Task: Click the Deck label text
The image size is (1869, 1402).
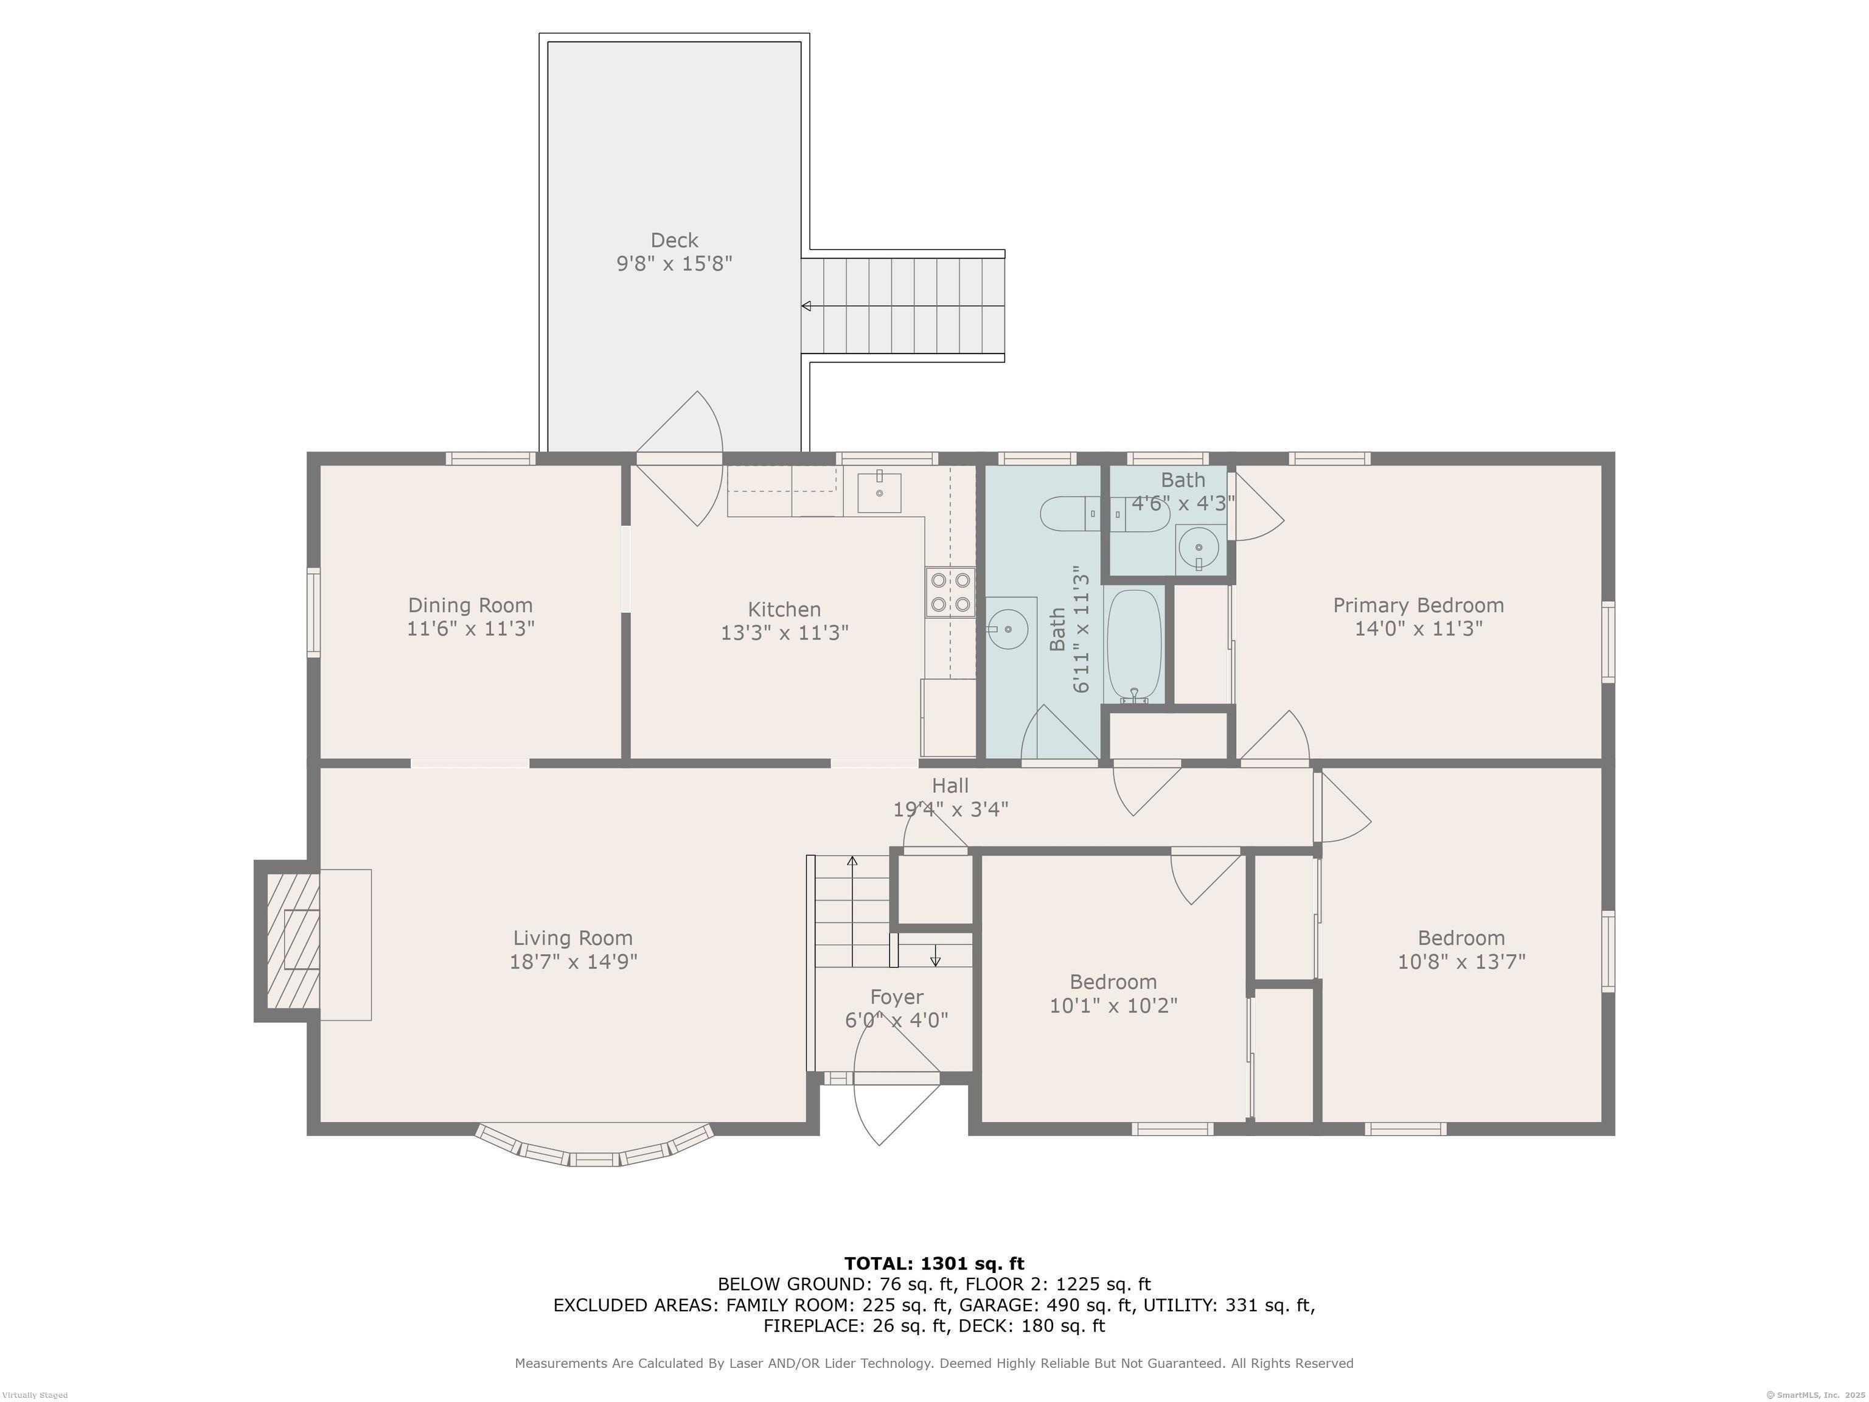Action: pos(674,240)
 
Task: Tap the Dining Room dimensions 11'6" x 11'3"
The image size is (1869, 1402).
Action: pos(471,629)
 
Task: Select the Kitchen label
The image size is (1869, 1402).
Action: pos(784,609)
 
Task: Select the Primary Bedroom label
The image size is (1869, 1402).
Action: pos(1419,605)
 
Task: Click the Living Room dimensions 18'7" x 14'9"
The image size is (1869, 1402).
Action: pos(573,961)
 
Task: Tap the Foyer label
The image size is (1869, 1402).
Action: pos(897,997)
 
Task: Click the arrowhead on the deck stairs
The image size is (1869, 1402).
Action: pos(807,306)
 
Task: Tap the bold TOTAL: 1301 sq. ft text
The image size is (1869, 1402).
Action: pos(934,1263)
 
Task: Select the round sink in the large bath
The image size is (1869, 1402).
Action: pos(1007,630)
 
